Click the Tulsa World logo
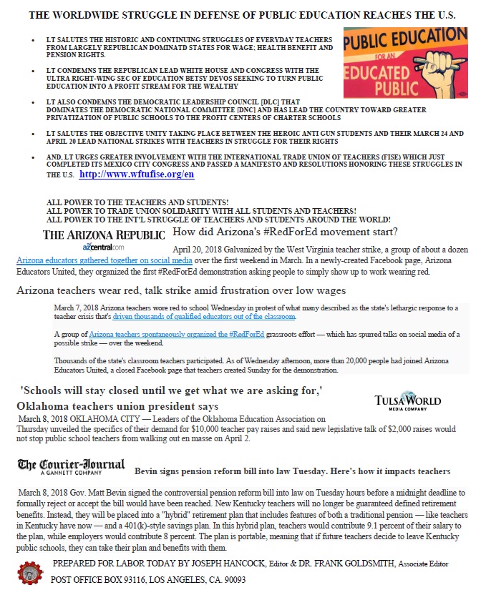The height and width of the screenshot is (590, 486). coord(407,402)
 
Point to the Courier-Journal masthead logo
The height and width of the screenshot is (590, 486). coord(71,466)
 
